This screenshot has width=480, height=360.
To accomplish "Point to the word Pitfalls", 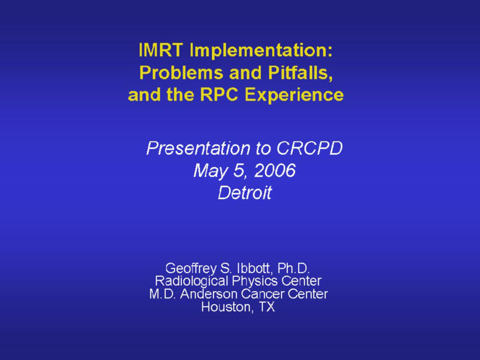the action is pos(301,73).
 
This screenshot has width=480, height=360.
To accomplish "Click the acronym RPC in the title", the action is pos(219,94).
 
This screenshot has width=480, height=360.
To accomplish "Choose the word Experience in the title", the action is pos(294,95).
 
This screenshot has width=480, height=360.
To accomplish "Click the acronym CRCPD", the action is pos(309,148).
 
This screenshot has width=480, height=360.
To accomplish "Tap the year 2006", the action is pos(275,170).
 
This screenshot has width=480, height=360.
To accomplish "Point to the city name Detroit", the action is pos(245,193).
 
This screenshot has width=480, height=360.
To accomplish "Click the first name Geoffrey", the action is pos(191,269).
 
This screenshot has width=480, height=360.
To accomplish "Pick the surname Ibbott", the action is pos(254,268).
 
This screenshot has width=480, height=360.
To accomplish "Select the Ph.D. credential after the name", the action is pos(294,268).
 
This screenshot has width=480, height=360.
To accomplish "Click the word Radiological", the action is pos(192,281).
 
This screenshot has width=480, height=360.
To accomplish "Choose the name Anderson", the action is pos(209,294).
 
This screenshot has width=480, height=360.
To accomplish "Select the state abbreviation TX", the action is pos(267,307).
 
